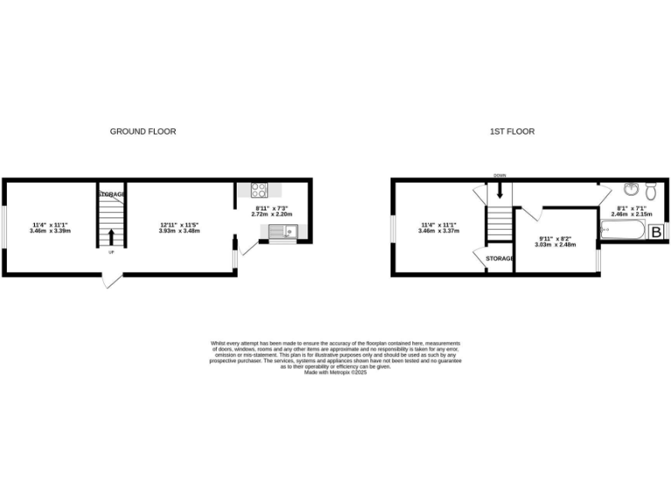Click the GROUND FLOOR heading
click(142, 132)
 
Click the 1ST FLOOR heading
click(512, 132)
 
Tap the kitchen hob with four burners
click(259, 189)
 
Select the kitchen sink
click(283, 231)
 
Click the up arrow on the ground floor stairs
click(111, 236)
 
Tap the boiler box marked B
click(655, 233)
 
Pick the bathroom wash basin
click(632, 188)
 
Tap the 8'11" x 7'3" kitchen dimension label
click(271, 208)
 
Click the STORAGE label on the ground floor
click(111, 194)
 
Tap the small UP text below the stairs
click(111, 253)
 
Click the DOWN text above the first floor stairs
click(500, 176)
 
